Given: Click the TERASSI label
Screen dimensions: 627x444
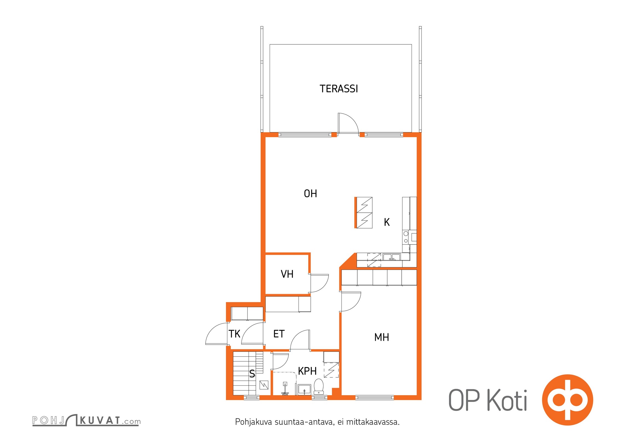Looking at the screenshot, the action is pos(339,89).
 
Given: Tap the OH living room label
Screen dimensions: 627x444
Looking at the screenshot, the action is pos(310,194).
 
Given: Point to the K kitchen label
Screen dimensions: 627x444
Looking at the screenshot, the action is pos(387,222).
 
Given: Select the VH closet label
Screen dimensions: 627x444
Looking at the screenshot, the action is pos(287,274).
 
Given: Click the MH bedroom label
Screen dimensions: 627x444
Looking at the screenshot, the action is pos(382,337).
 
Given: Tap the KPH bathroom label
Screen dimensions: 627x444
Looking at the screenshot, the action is pos(307,371).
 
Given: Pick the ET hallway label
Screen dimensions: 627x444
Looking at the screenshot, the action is pos(279,334).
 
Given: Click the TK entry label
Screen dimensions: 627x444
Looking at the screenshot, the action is pos(234,334).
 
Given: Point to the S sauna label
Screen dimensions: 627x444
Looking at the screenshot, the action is pos(252,374).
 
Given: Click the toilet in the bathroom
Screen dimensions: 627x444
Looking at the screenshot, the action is pos(319,387).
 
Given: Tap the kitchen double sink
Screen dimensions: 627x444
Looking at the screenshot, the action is pos(391,257).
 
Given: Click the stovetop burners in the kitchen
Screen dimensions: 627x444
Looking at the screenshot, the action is pos(406,237).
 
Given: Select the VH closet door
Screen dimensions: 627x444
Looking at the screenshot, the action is pos(319,283).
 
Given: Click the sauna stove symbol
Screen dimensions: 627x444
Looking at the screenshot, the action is pos(264,385).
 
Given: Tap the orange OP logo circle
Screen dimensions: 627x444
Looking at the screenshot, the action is pos(567,400).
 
